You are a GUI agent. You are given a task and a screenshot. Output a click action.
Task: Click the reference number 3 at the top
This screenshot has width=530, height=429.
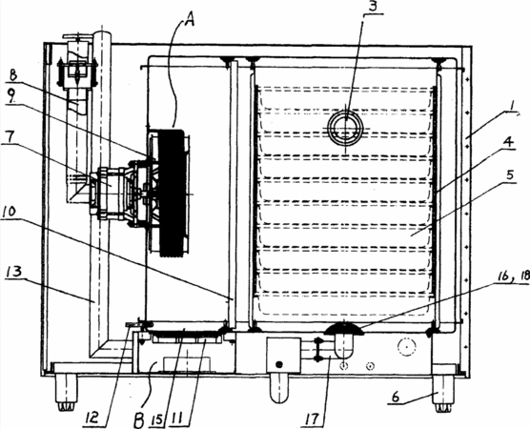pyautogui.click(x=373, y=7)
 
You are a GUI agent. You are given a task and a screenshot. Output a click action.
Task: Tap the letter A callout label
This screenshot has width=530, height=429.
pyautogui.click(x=190, y=20)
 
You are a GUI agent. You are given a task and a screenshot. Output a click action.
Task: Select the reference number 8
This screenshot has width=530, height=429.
pyautogui.click(x=12, y=74)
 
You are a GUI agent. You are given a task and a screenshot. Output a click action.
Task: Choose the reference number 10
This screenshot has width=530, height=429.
pyautogui.click(x=10, y=213)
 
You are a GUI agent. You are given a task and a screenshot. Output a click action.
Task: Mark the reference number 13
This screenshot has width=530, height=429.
pyautogui.click(x=14, y=272)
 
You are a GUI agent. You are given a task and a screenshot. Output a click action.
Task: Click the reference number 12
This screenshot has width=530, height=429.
pyautogui.click(x=92, y=419)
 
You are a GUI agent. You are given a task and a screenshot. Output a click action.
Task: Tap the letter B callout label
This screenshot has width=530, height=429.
pyautogui.click(x=139, y=419)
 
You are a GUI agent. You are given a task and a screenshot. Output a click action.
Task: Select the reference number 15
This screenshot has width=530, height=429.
pyautogui.click(x=158, y=419)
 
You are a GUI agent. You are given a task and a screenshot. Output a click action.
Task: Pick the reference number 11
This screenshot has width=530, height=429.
pyautogui.click(x=179, y=419)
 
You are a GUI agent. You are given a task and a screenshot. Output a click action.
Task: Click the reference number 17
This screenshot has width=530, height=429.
pyautogui.click(x=313, y=419)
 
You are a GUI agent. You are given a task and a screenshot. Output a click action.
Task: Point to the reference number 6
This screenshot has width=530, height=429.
pyautogui.click(x=396, y=398)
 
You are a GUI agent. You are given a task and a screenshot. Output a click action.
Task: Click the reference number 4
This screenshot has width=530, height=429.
pyautogui.click(x=508, y=142)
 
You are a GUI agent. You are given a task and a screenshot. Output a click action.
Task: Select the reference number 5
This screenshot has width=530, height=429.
pyautogui.click(x=510, y=175)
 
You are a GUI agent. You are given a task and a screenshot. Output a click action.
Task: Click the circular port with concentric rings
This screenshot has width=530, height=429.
pyautogui.click(x=345, y=129)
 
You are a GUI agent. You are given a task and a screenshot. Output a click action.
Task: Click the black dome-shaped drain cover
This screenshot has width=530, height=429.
pyautogui.click(x=344, y=329)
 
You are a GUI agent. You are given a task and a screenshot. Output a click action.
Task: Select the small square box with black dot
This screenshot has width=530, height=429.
pyautogui.click(x=284, y=356)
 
